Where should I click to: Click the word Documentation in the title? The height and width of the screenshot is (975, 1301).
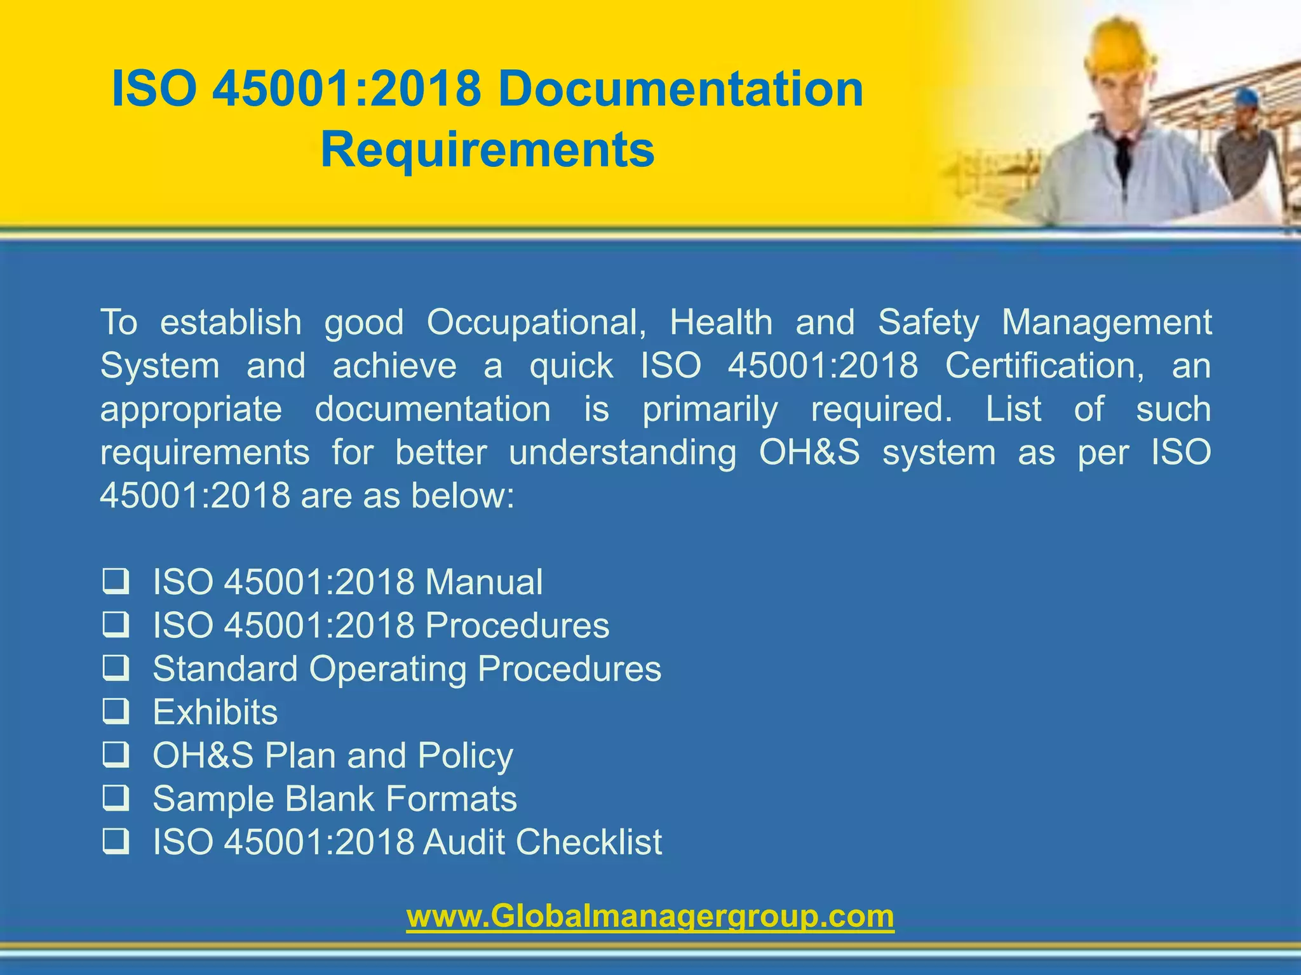click(x=680, y=90)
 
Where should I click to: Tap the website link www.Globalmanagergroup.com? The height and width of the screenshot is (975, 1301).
click(x=650, y=916)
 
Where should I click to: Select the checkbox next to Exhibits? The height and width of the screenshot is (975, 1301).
click(x=116, y=712)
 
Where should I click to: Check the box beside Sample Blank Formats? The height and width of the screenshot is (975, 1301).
click(x=116, y=798)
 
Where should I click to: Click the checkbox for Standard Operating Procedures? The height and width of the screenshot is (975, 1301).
click(x=116, y=668)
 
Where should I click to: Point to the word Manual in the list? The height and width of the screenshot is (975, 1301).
click(x=484, y=582)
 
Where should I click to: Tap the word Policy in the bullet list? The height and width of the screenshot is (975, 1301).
click(x=465, y=756)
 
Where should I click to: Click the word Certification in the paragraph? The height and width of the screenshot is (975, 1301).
click(x=1044, y=366)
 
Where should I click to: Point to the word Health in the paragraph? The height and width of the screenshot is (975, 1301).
click(x=721, y=322)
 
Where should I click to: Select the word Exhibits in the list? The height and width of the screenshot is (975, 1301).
click(x=215, y=712)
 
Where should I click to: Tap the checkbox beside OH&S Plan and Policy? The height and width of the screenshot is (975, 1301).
click(x=116, y=755)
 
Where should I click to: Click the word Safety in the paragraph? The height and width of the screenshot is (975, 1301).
click(x=929, y=323)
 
